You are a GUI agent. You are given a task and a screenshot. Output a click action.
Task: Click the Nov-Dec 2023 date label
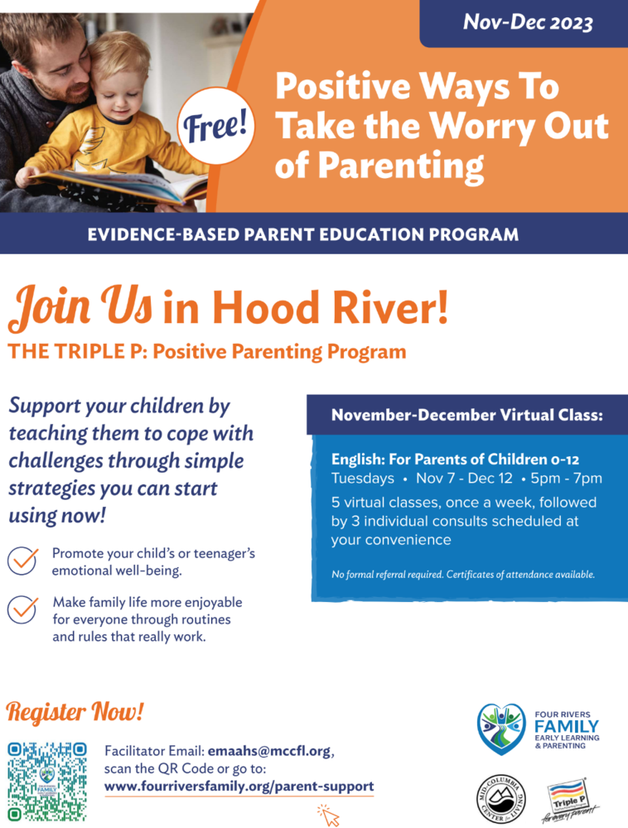coord(528,22)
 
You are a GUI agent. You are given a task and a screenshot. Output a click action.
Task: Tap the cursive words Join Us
coord(80,306)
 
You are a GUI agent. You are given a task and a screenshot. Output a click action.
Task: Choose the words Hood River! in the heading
coord(306,307)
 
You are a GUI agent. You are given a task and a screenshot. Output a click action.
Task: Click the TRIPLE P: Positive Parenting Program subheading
coord(207,351)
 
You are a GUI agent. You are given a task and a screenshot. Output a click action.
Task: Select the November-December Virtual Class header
coord(466,415)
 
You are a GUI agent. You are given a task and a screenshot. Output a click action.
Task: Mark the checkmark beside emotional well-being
coord(22,561)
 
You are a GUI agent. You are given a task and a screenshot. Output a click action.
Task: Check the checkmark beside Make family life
coord(22,609)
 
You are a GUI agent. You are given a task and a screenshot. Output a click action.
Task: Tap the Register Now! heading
coord(75,711)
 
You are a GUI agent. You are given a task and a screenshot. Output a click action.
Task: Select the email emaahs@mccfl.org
coord(269,751)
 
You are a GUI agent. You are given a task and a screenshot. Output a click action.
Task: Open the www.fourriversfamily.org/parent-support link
coord(239,786)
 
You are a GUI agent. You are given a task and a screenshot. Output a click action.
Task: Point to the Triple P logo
coord(569,799)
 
